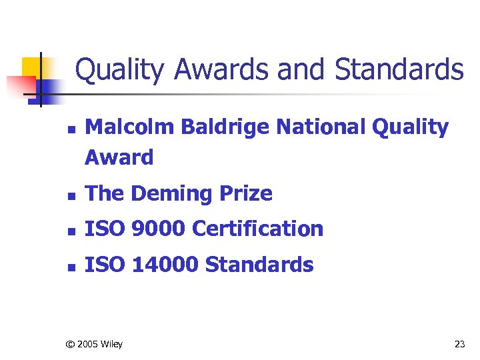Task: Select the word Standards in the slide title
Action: tap(399, 70)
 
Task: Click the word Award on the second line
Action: tap(119, 158)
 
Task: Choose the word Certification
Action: tap(257, 229)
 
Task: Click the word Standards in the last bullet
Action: tap(259, 265)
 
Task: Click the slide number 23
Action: tap(459, 344)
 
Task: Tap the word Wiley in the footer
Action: tap(111, 344)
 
